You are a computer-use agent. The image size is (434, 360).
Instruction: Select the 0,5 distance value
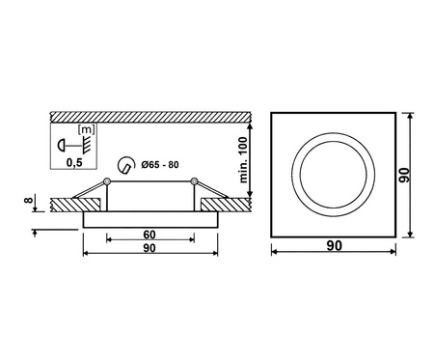pyautogui.click(x=72, y=163)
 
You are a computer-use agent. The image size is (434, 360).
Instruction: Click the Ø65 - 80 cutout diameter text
pyautogui.click(x=159, y=166)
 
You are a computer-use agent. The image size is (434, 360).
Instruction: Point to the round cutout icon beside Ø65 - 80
pyautogui.click(x=123, y=165)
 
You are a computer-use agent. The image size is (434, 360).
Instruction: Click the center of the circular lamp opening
pyautogui.click(x=332, y=175)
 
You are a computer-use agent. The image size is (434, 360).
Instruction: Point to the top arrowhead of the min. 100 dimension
pyautogui.click(x=253, y=117)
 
